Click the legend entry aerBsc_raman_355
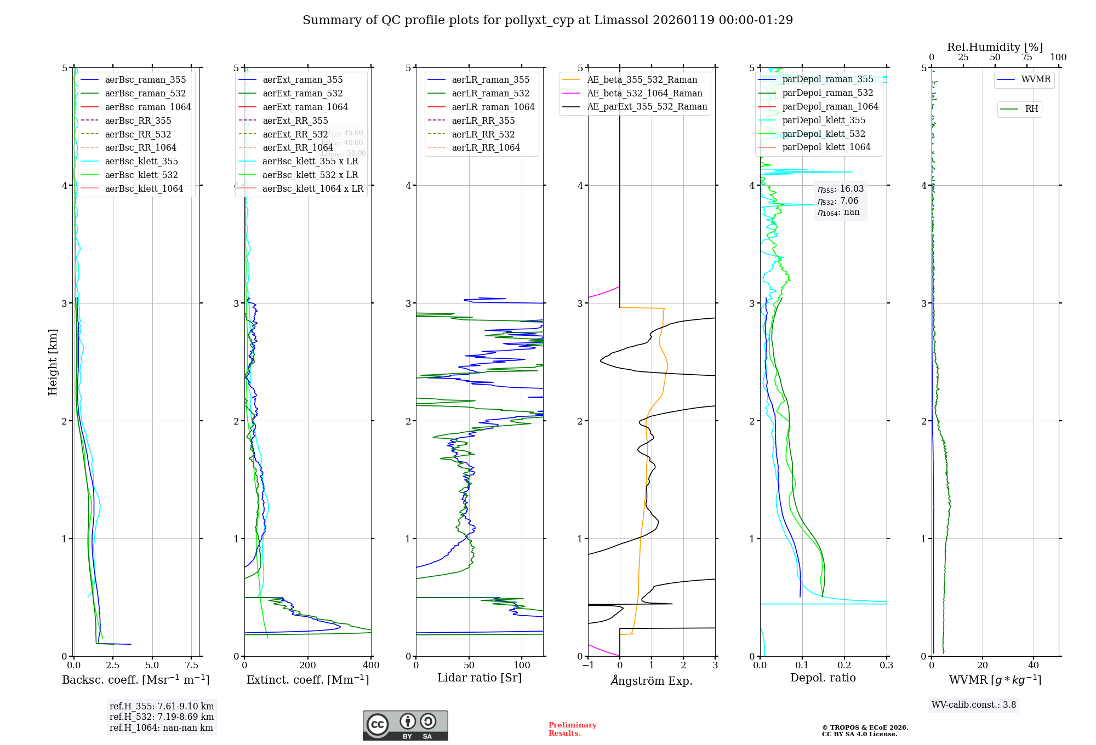click(x=145, y=80)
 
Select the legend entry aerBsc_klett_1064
click(x=144, y=188)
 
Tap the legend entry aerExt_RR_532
click(x=295, y=134)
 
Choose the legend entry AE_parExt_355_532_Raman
click(x=647, y=106)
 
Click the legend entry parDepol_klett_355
click(x=823, y=120)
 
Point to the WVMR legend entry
click(x=1035, y=79)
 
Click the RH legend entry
click(x=1031, y=109)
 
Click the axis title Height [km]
click(x=53, y=362)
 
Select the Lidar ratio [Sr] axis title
click(x=480, y=678)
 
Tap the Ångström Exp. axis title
click(x=652, y=680)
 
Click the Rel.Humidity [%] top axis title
click(x=995, y=47)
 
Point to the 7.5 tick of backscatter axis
click(x=192, y=665)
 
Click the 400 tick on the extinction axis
click(x=371, y=665)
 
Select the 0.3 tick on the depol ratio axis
click(x=886, y=665)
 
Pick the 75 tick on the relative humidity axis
click(x=1026, y=58)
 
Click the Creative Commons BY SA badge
click(x=405, y=725)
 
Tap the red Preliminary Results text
click(x=572, y=729)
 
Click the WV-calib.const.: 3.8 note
click(x=973, y=705)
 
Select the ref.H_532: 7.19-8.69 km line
click(x=161, y=717)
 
